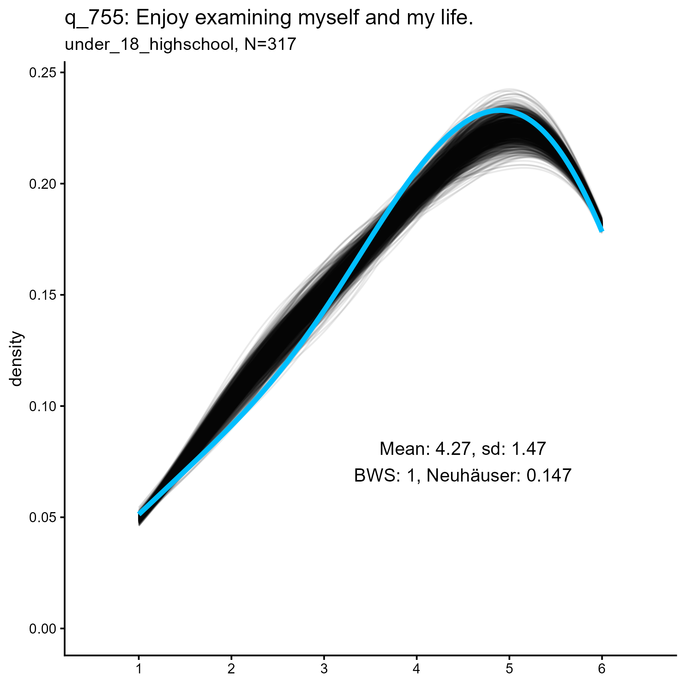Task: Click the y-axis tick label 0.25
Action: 43,73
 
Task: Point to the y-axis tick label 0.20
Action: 43,184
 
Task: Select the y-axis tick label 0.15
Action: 43,295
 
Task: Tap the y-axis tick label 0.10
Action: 43,406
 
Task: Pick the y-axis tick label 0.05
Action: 43,518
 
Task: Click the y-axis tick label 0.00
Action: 43,629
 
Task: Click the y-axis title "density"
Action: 16,359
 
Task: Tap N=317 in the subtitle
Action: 270,44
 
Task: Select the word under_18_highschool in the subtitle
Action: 149,45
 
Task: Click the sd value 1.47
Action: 528,449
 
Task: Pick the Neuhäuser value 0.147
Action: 549,475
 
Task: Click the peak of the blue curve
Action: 501,111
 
